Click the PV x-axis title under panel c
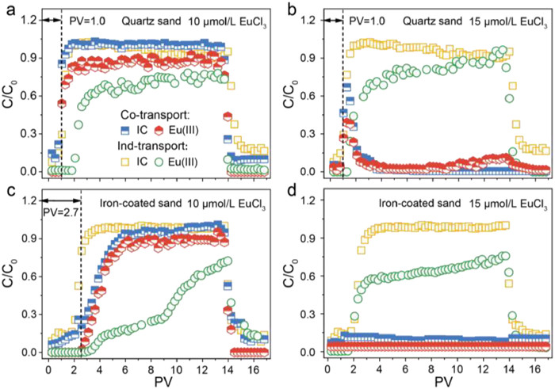[x=151, y=380]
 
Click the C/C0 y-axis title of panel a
[x=10, y=95]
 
